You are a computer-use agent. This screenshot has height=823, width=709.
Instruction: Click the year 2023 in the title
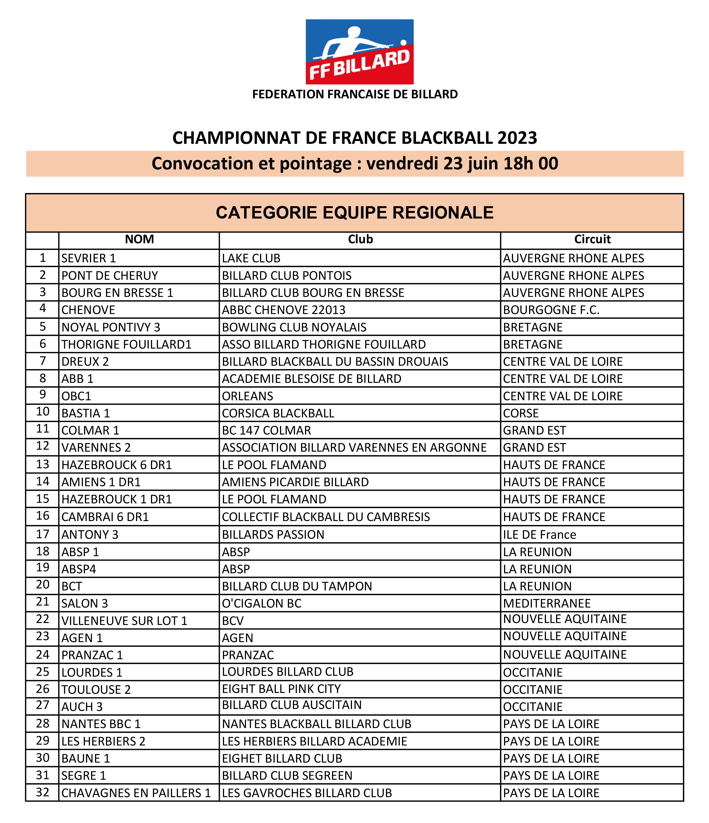point(517,138)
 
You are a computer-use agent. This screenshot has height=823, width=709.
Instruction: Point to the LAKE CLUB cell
point(251,258)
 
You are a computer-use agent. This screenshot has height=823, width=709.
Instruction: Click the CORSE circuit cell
point(521,413)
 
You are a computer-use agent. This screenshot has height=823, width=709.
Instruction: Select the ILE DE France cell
point(539,535)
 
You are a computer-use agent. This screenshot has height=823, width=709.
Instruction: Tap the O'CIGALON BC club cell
point(262,603)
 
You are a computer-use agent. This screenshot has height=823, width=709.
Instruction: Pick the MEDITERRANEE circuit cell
point(547,603)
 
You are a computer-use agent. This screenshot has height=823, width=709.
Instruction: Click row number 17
point(42,534)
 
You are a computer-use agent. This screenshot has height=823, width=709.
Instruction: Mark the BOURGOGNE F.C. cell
point(551,310)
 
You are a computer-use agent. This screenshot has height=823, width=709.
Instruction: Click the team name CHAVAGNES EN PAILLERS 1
point(136,793)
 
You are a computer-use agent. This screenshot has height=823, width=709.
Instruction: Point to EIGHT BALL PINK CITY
point(281,689)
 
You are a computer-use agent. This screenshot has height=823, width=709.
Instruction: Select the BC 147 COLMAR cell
point(267,430)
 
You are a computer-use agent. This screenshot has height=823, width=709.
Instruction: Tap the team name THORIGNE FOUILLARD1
point(127,344)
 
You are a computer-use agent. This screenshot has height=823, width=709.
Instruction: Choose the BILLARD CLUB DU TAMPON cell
point(297,586)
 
